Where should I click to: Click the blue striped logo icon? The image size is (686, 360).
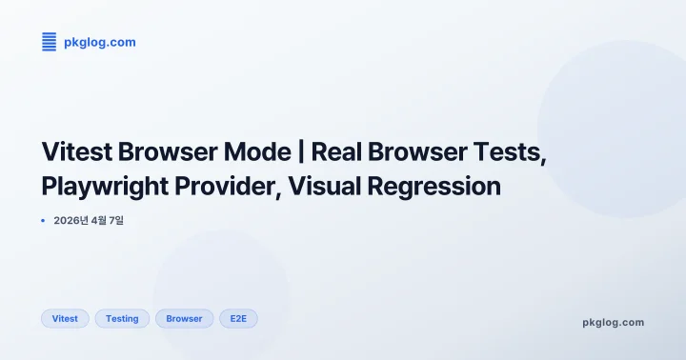tap(50, 41)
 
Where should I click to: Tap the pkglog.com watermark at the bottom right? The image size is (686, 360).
tap(613, 322)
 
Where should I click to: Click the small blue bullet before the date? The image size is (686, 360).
tap(44, 221)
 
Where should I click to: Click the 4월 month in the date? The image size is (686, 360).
tap(100, 221)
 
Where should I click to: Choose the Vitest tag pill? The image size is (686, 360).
tap(65, 318)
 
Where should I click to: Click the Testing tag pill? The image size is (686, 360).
tap(122, 318)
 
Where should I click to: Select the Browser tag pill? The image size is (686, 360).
tap(184, 318)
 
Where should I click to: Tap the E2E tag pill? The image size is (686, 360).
tap(238, 318)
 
